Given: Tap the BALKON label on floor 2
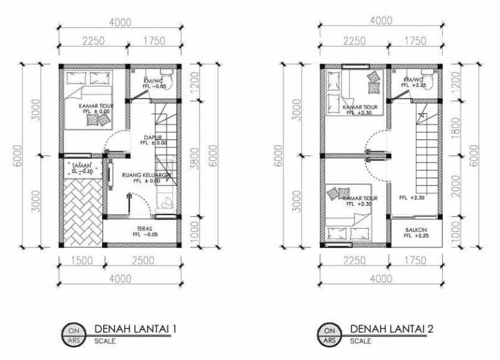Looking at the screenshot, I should pyautogui.click(x=416, y=229).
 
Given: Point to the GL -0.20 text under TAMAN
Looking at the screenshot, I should pyautogui.click(x=81, y=170).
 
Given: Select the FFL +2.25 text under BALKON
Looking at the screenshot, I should pyautogui.click(x=416, y=236).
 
